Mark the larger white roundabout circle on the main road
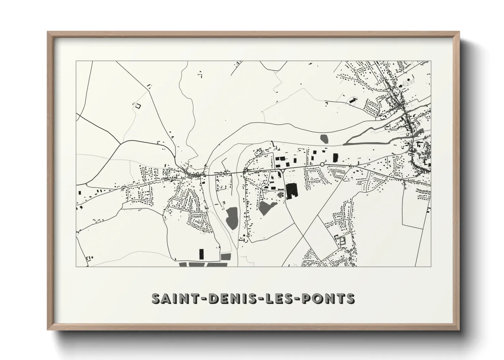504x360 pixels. (322, 165)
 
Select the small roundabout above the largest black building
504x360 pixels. (283, 171)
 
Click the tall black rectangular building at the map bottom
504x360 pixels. (201, 254)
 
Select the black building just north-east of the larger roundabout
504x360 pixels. (335, 158)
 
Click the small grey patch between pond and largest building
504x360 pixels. (280, 195)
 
